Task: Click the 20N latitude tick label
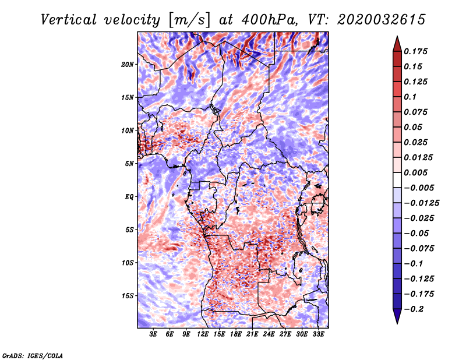128,64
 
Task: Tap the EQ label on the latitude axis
129,197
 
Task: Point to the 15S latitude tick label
128,295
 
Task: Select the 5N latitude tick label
129,164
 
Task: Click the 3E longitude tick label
154,334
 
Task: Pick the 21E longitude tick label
253,334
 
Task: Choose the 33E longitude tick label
319,334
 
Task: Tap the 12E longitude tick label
203,334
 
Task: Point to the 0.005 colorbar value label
417,172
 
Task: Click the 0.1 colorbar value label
411,97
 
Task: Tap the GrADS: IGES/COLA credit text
32,355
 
